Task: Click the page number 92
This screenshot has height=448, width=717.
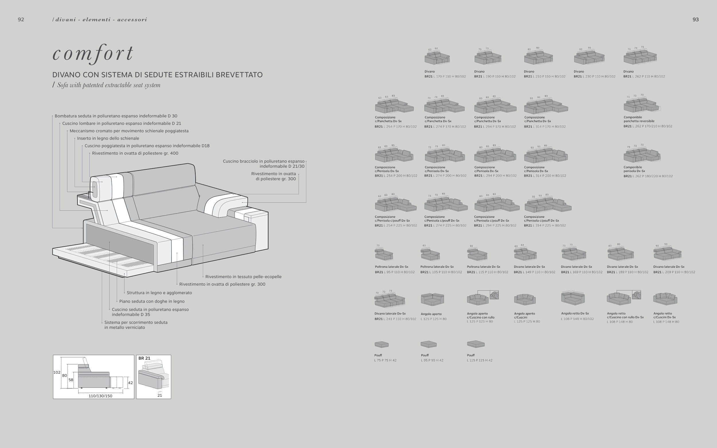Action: pos(21,19)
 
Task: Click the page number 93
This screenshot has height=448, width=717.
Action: pos(695,19)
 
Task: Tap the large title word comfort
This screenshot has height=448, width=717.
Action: pos(93,53)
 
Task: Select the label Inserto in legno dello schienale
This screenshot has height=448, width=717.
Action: pos(108,138)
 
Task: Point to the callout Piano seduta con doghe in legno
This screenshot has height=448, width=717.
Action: pos(152,301)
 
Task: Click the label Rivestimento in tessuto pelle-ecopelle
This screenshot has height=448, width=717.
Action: pos(243,277)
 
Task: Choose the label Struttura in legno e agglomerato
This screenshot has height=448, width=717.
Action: pos(159,293)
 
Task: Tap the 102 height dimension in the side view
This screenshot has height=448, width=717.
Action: pos(56,372)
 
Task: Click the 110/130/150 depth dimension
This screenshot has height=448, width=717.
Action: pos(100,396)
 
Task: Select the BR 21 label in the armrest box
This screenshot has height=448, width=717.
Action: pos(144,358)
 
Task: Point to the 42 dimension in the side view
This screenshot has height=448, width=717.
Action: pos(130,383)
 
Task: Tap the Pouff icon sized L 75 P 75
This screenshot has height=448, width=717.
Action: pos(381,344)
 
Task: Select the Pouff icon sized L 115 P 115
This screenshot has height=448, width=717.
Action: pos(476,344)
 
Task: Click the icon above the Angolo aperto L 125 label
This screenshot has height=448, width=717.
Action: pos(432,299)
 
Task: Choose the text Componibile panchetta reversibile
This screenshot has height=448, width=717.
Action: pos(639,119)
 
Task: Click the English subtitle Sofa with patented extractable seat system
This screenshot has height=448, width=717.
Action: pos(108,85)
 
